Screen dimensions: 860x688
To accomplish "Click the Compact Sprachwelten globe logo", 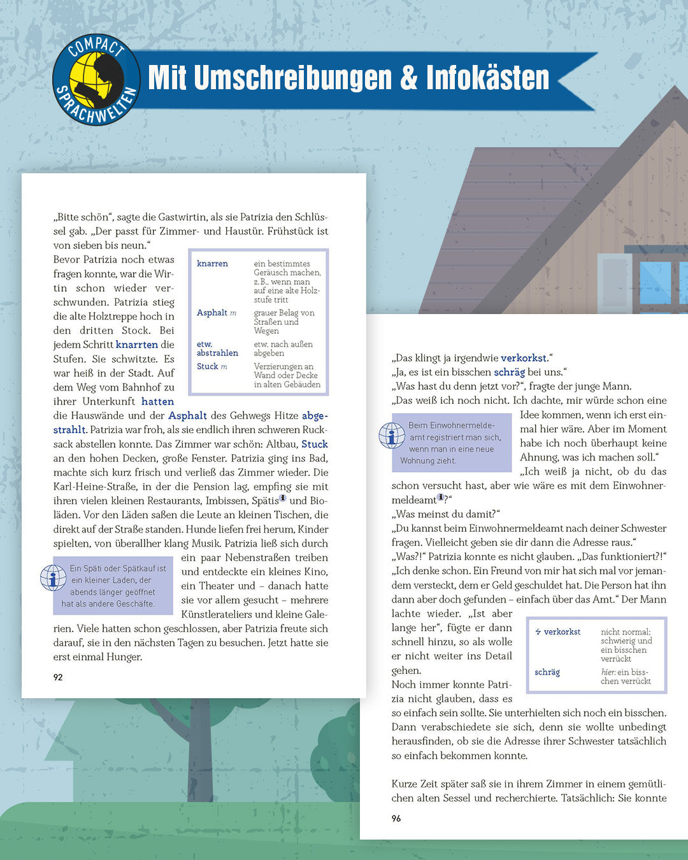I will (x=96, y=80).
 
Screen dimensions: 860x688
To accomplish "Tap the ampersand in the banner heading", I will (x=408, y=78).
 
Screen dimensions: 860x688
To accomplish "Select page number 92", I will (x=58, y=677).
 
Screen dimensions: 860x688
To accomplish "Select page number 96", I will (x=396, y=819).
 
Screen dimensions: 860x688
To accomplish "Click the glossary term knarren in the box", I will (x=212, y=264).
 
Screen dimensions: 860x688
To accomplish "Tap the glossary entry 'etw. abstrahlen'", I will (x=217, y=348).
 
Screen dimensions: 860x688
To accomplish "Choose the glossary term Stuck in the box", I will (x=208, y=366).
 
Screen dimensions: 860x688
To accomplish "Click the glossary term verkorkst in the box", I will (x=562, y=632).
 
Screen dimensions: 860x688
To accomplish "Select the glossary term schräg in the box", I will (x=547, y=672).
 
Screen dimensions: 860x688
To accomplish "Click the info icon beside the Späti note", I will (x=53, y=578).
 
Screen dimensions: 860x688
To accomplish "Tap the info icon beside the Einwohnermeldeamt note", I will (x=392, y=436).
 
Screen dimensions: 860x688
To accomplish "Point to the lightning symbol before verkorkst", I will (x=538, y=632).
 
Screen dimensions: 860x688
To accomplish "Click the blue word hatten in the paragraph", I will (x=157, y=401).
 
